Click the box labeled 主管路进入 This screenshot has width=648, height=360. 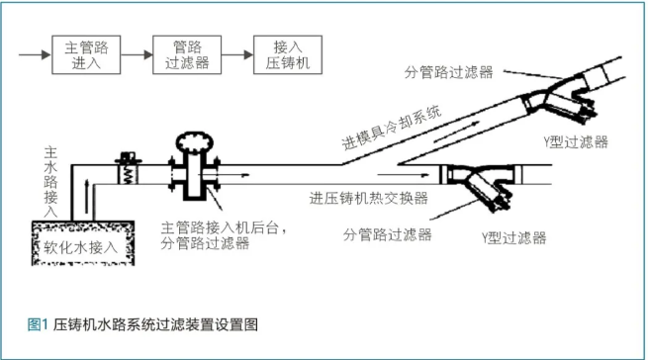(x=82, y=53)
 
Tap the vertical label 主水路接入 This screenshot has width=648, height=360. (x=51, y=183)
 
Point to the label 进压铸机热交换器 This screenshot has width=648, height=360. (x=369, y=197)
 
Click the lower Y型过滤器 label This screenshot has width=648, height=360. (x=513, y=237)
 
